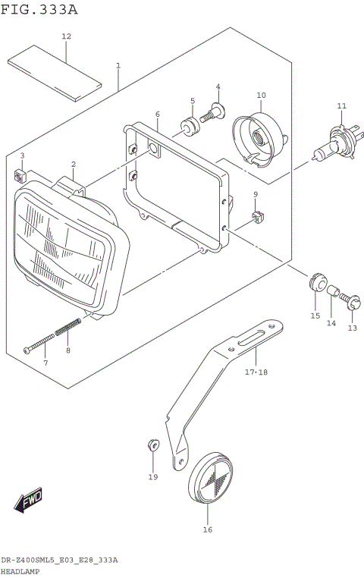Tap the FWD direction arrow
point(28,501)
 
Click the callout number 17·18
point(256,372)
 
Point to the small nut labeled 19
point(152,444)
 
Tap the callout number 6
point(157,115)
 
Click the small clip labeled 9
point(256,218)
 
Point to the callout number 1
point(118,66)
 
